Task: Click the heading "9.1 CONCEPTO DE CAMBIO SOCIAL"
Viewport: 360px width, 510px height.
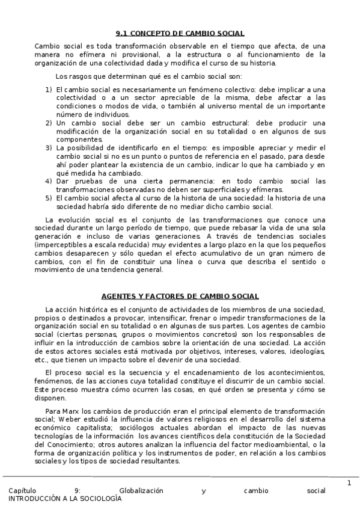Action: pos(179,33)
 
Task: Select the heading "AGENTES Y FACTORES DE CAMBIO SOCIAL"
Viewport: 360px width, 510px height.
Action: pos(180,296)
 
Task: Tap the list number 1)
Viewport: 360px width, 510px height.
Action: pos(49,89)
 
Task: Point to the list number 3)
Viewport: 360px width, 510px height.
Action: pos(49,147)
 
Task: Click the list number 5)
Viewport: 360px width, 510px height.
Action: pos(49,198)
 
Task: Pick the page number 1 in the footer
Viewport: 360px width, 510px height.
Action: pos(349,483)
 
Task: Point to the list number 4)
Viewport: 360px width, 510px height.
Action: pos(49,181)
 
